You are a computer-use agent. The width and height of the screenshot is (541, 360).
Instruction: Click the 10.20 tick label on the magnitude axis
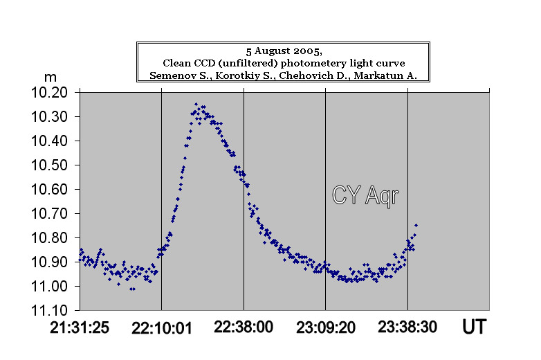click(x=54, y=92)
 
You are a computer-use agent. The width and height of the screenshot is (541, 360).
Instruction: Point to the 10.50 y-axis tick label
click(x=54, y=165)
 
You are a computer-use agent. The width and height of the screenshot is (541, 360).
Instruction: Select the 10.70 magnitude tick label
click(x=54, y=213)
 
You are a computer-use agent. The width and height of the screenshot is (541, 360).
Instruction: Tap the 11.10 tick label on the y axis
click(x=54, y=310)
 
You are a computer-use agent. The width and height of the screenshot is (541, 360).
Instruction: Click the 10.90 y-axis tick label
click(x=54, y=262)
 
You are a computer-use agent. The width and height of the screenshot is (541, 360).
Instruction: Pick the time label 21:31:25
click(x=80, y=328)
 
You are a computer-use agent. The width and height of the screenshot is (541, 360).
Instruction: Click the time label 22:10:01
click(x=161, y=328)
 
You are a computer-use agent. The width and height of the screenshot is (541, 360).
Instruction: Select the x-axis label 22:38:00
click(x=244, y=328)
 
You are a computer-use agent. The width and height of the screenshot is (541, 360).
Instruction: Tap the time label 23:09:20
click(x=325, y=328)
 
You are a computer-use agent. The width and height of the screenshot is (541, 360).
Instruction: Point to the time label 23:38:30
click(x=407, y=328)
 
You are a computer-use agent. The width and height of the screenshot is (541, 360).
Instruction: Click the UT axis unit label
click(x=474, y=328)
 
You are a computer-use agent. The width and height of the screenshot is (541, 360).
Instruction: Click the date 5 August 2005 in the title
click(x=284, y=51)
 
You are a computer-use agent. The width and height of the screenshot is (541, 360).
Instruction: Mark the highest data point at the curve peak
click(x=196, y=103)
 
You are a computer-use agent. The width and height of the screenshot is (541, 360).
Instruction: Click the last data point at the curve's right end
click(x=416, y=225)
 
